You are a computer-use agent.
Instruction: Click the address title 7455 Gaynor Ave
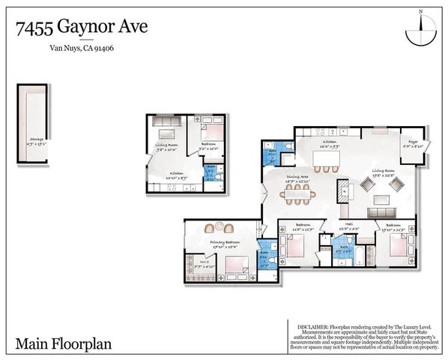pos(82,28)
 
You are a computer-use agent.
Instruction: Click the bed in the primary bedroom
pos(236,265)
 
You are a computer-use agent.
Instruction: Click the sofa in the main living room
pos(382,199)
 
